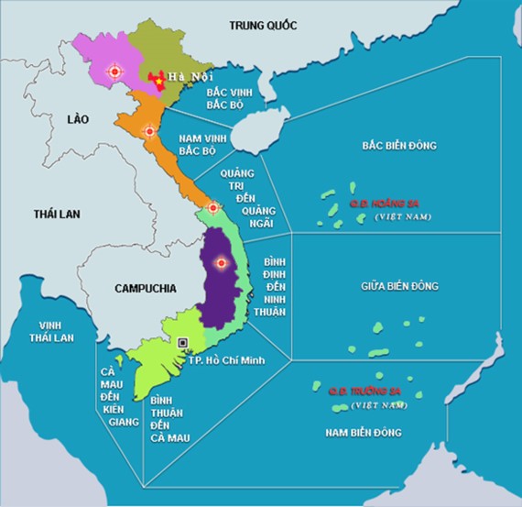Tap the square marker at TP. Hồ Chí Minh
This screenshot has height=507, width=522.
pos(184,342)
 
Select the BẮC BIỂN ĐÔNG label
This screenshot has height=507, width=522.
pos(398,145)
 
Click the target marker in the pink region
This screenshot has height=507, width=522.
pos(114,70)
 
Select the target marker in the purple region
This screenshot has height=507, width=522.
pos(220,264)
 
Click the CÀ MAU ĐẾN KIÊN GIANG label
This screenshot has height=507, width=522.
pos(116,390)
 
